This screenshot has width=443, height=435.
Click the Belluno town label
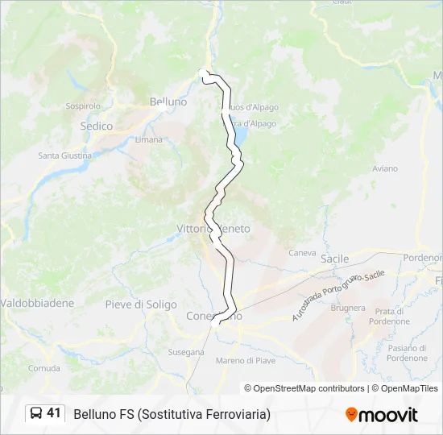click(168, 102)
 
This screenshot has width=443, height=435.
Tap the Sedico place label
click(97, 126)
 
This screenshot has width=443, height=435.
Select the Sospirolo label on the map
click(83, 106)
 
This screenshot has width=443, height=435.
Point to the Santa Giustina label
click(64, 155)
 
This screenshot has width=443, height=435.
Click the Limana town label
click(149, 139)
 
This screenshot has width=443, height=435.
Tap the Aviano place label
click(385, 168)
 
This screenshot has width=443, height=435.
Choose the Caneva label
click(303, 252)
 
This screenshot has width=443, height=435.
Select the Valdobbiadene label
click(37, 304)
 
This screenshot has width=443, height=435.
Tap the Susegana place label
click(185, 353)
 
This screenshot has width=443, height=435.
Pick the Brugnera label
click(348, 308)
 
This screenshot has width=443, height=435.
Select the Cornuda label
click(43, 368)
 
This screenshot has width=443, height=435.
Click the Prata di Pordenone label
click(389, 316)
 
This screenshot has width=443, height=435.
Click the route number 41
click(54, 413)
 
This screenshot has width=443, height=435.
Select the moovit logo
click(382, 414)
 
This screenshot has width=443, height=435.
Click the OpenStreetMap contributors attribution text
click(304, 388)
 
